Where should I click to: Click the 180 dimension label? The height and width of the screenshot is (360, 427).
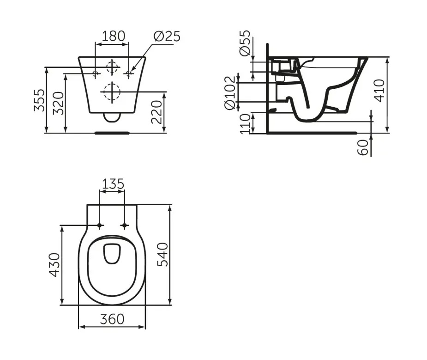[x=113, y=36]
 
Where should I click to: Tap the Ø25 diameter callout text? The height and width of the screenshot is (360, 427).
[x=167, y=36]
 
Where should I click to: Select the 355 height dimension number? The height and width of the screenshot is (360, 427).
[x=40, y=100]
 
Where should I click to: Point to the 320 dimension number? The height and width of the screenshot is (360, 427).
[x=58, y=103]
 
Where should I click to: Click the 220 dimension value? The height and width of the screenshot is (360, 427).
[x=156, y=112]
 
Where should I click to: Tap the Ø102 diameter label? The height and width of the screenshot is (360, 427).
[x=229, y=92]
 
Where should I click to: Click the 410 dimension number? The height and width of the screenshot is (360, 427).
[x=379, y=91]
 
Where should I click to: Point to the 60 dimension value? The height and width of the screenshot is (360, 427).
[x=363, y=147]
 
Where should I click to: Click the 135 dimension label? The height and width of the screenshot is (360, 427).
[x=113, y=184]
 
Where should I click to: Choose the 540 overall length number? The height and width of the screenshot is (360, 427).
[x=162, y=255]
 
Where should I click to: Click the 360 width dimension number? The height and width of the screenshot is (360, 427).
[x=112, y=319]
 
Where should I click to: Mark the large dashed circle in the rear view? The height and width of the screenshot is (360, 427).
[x=112, y=92]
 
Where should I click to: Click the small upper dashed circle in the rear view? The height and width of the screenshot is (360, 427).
[x=112, y=67]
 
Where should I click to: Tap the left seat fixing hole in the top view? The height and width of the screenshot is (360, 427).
[x=100, y=226]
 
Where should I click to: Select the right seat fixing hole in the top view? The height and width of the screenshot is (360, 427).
[x=125, y=226]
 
